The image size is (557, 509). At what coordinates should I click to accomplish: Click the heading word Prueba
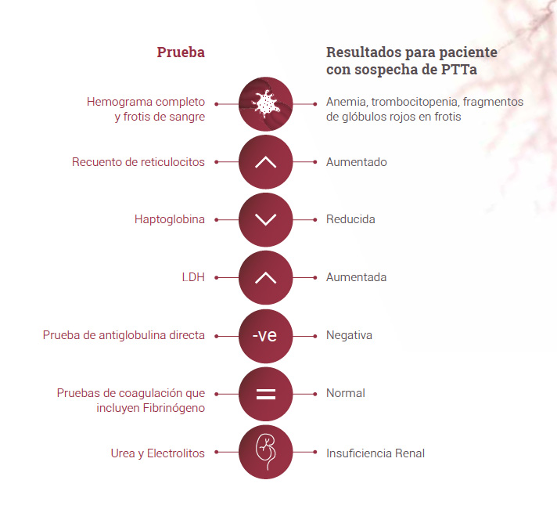181,52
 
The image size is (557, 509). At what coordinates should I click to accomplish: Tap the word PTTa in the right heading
459,70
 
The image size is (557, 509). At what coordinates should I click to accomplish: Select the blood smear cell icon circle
266,104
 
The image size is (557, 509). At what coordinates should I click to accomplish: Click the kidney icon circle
266,452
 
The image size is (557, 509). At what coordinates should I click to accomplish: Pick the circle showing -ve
266,336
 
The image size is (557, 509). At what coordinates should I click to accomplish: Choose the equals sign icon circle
266,394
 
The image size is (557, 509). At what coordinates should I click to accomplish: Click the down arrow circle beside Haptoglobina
266,220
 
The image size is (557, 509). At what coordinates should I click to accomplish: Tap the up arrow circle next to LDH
266,277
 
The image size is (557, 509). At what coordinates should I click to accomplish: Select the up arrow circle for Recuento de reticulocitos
266,162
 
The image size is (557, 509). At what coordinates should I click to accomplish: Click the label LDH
193,277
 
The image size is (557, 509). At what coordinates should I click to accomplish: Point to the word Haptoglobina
170,219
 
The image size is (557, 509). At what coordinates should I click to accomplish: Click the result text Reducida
350,219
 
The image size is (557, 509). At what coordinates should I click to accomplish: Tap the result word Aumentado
357,162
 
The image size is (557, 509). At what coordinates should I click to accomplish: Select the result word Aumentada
356,277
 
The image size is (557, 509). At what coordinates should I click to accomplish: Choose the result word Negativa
349,335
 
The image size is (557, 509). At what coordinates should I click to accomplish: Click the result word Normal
346,393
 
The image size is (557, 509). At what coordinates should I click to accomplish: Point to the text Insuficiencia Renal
376,453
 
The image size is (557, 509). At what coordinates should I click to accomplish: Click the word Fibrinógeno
174,408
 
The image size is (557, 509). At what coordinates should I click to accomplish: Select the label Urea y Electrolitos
158,453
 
